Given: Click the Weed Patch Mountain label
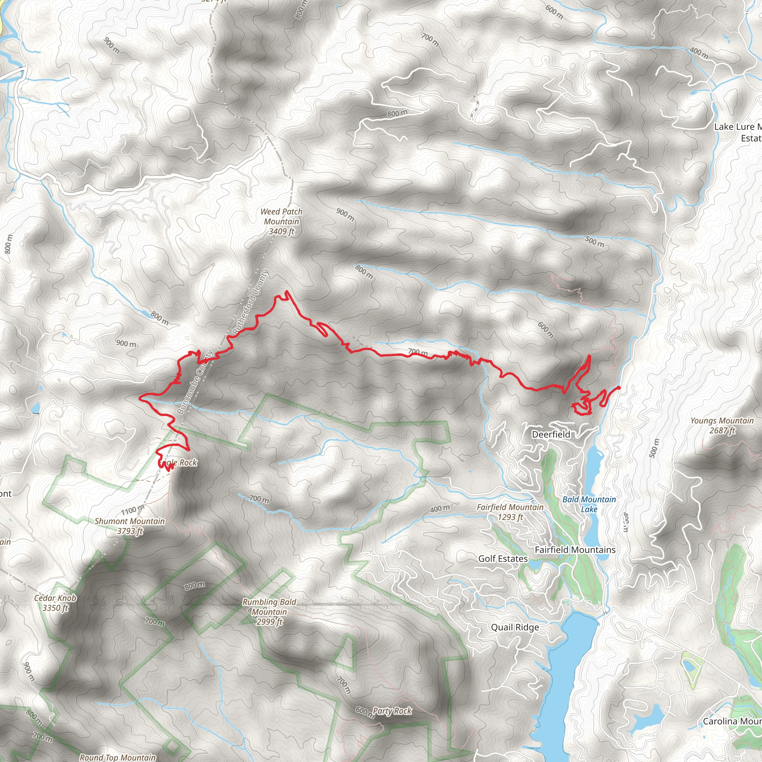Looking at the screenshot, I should click(x=281, y=221).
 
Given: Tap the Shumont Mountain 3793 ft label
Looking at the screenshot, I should click(x=129, y=526).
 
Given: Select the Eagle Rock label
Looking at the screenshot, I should click(x=177, y=462).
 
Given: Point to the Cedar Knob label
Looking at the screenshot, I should click(x=55, y=603).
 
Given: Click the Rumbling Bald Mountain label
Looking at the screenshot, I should click(x=269, y=612).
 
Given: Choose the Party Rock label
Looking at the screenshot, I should click(x=392, y=711).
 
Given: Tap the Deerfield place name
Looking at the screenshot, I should click(x=551, y=434).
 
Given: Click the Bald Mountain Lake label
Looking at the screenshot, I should click(x=589, y=504).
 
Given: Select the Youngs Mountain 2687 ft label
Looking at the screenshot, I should click(x=722, y=425).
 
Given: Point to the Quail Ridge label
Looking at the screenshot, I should click(x=515, y=627).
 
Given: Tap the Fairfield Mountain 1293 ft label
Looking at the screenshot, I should click(x=510, y=512).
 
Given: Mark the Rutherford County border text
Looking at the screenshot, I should click(x=251, y=302).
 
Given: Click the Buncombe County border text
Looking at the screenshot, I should click(x=195, y=382).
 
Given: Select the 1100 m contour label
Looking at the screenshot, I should click(x=132, y=511).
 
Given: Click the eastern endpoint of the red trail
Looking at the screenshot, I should click(x=619, y=388).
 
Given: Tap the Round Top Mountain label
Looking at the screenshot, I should click(x=118, y=757).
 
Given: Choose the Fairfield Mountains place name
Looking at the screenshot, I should click(x=574, y=550).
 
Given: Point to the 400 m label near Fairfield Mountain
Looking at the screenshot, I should click(x=439, y=509).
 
